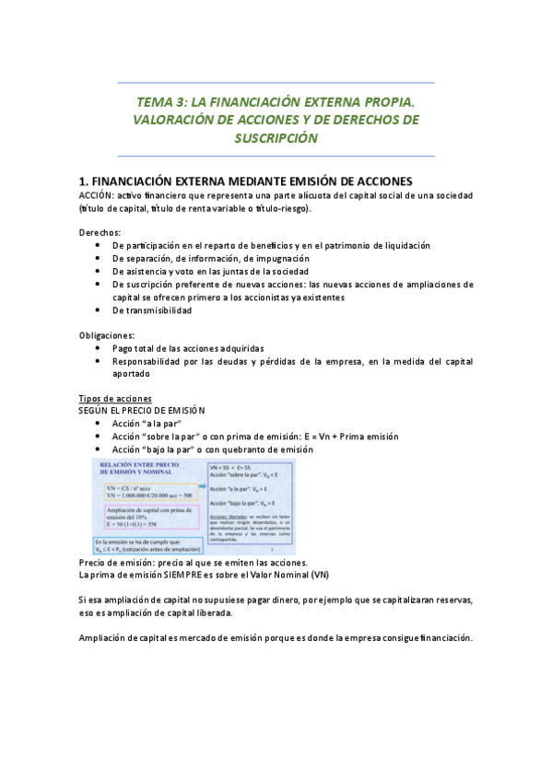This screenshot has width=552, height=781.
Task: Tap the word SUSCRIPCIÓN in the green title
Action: tap(276, 138)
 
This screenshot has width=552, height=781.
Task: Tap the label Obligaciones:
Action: tap(106, 335)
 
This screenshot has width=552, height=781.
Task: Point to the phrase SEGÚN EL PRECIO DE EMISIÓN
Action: tap(142, 410)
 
